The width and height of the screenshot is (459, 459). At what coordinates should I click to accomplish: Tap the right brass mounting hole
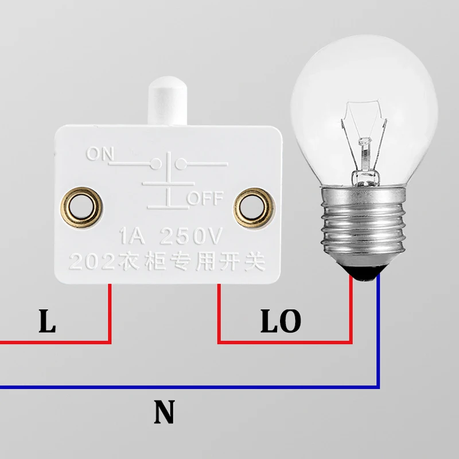coord(254,207)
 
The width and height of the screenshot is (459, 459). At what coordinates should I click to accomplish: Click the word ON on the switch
coord(100,154)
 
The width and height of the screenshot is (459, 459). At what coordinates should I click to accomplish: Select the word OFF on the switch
coord(204,199)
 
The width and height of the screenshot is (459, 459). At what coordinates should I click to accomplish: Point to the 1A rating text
coord(131,236)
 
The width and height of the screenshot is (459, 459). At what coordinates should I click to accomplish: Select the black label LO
coord(281,322)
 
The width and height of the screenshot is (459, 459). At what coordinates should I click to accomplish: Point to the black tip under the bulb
coord(364,275)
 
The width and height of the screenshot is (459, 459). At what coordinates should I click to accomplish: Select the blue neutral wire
coord(229,387)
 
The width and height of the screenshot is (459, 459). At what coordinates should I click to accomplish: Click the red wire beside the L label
coord(109,321)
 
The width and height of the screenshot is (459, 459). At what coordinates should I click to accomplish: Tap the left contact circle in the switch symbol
coord(154,165)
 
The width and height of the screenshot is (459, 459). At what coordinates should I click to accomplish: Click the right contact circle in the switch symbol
coord(180,165)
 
